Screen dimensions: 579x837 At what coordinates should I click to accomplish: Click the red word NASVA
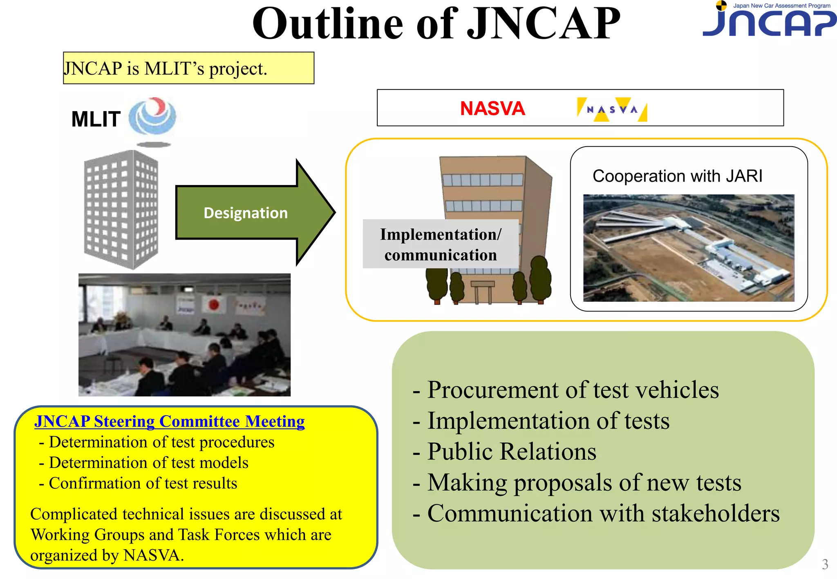click(492, 109)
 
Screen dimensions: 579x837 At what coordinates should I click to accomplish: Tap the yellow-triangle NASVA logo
click(611, 109)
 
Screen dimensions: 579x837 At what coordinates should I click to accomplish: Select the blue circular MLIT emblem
click(152, 116)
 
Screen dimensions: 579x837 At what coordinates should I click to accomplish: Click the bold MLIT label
click(96, 119)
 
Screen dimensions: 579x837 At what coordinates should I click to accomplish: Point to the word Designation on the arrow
click(246, 213)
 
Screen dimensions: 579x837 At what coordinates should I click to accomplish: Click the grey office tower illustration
click(121, 209)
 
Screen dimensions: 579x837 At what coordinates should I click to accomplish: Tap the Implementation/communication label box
click(440, 244)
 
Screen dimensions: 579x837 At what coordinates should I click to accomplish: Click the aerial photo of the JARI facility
click(688, 248)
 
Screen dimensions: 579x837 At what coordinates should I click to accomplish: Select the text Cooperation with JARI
click(677, 176)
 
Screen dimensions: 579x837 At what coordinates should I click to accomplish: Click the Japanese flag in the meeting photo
click(214, 304)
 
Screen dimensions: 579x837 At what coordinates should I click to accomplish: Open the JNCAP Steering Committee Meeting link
click(169, 421)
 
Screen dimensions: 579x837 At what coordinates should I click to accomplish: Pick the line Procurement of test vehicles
click(572, 390)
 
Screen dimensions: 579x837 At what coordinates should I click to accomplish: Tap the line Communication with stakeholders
click(603, 513)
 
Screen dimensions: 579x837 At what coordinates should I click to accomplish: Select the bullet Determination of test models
click(148, 463)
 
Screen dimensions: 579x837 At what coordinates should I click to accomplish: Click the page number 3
click(825, 564)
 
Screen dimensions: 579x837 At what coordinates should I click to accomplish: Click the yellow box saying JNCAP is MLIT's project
click(188, 68)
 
